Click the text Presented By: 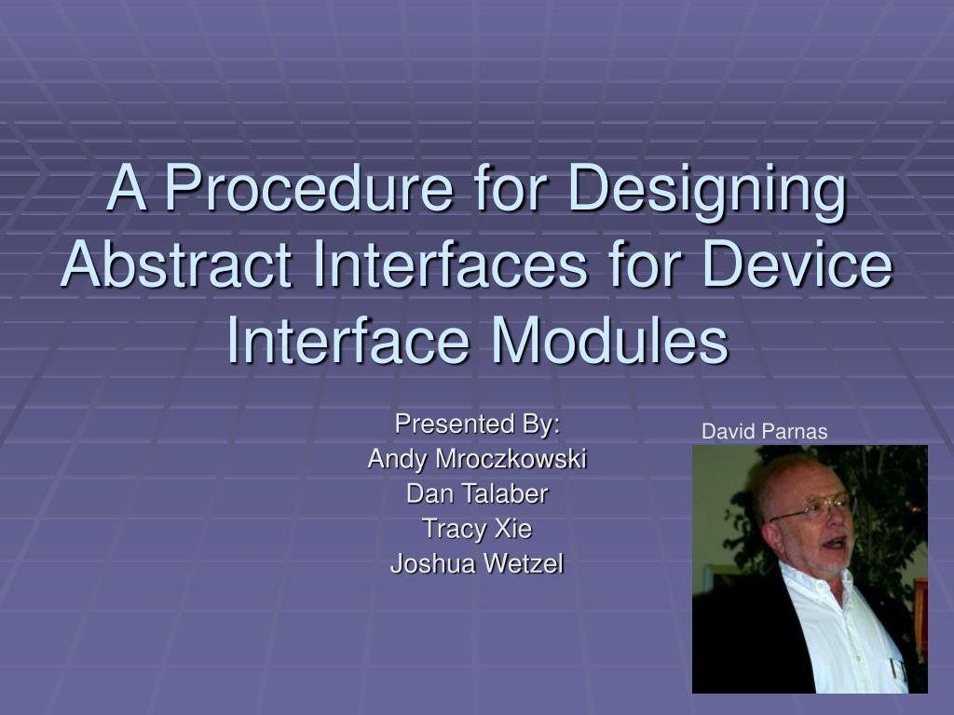[477, 425]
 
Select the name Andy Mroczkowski [477, 459]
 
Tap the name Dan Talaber [477, 493]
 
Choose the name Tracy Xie [477, 529]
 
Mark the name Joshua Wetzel [477, 563]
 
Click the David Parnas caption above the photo [764, 432]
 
